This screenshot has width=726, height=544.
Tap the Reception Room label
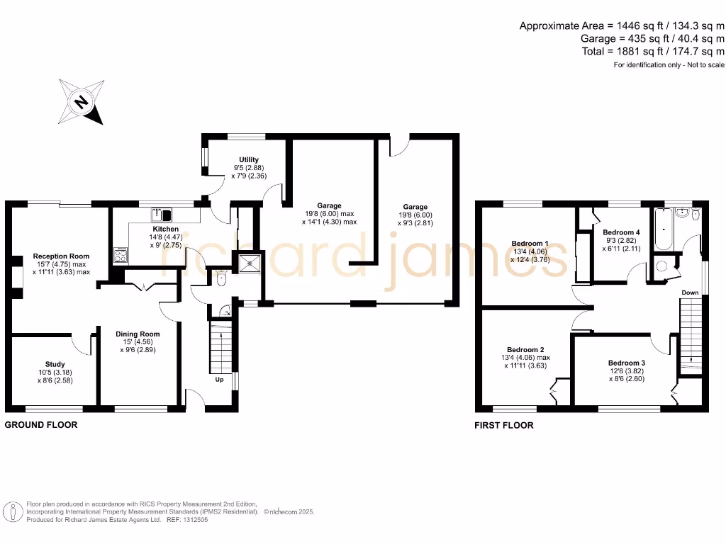pos(61,256)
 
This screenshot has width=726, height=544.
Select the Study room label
pos(55,365)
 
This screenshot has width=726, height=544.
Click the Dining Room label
pos(138,334)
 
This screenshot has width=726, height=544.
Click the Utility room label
pos(249,159)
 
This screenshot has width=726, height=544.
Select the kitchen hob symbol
pos(120,254)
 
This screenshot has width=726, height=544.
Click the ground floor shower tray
pos(250,263)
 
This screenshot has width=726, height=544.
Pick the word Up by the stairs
pos(219,380)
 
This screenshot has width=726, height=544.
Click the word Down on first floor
pos(690,293)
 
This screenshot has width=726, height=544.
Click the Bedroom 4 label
pos(621,232)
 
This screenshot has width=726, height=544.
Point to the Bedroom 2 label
pos(525,349)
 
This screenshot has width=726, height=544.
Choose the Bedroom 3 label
pos(627,362)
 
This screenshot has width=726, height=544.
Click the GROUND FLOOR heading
pos(41,425)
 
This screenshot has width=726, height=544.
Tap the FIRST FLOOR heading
pos(503,426)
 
